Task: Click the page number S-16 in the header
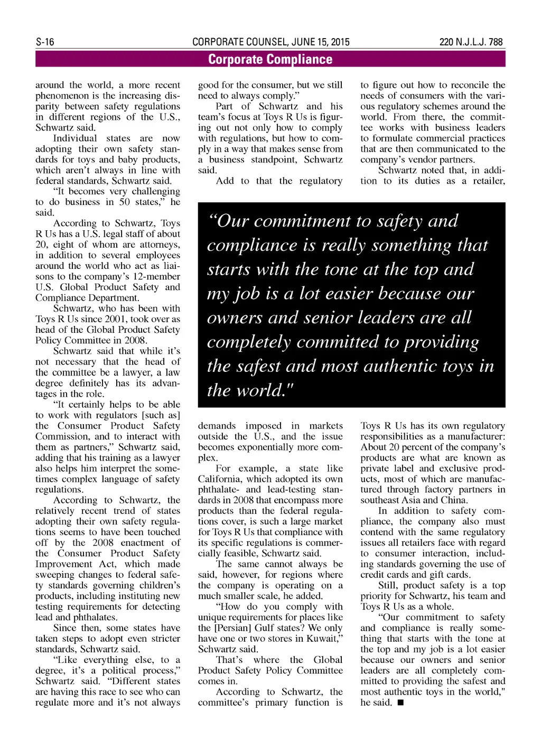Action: [x=45, y=42]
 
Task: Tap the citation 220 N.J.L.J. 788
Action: [x=471, y=42]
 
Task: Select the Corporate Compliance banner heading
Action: [x=270, y=59]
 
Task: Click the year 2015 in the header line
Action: [x=338, y=42]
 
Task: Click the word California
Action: [x=220, y=479]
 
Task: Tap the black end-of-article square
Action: [x=400, y=703]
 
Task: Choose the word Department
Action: [x=112, y=298]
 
